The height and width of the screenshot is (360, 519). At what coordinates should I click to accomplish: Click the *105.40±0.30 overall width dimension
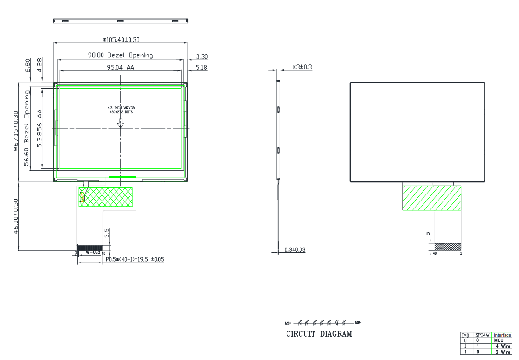coord(121,39)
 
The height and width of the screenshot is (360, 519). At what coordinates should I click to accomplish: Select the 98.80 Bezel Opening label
coord(121,55)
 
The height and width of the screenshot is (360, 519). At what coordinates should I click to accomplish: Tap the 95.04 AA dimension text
coord(121,67)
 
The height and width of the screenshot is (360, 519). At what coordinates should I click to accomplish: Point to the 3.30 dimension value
coord(202,57)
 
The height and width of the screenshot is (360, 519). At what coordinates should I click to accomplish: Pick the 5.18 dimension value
coord(202,68)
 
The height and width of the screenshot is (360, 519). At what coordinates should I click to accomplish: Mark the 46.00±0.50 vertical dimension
coord(16,216)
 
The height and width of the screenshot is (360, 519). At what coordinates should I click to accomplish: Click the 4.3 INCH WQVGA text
coord(121,108)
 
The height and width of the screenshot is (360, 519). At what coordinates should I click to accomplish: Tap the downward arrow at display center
coord(121,123)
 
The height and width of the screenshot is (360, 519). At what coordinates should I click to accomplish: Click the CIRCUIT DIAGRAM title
coord(319,334)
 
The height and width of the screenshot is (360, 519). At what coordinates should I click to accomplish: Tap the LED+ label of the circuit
coord(287,323)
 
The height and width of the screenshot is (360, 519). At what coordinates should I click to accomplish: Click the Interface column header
coord(502,335)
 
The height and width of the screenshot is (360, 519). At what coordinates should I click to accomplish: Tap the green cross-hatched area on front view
coord(106,197)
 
